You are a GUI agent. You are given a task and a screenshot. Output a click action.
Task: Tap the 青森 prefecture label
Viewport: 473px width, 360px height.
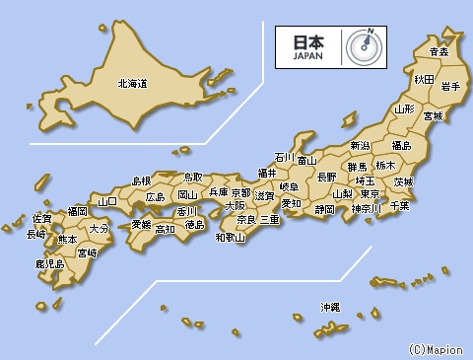(x=439, y=51)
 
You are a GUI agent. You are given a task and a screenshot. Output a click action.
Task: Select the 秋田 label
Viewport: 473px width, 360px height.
(x=424, y=78)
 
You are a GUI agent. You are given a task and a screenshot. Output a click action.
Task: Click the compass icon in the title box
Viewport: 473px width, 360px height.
(x=364, y=45)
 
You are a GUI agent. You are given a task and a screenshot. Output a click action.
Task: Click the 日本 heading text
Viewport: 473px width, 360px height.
(x=307, y=42)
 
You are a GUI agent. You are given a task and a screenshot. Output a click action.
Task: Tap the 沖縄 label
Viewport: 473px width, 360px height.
(x=329, y=308)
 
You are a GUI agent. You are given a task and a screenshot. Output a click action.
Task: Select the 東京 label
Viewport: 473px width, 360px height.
(x=372, y=194)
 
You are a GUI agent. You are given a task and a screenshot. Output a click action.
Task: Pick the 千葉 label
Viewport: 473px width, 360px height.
(x=399, y=205)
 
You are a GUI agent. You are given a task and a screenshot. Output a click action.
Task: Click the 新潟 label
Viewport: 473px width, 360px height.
(x=361, y=146)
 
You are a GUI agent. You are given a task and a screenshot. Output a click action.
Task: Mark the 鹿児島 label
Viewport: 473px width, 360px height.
(x=49, y=264)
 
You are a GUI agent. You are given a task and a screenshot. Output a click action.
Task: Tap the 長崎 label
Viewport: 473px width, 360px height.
(x=35, y=235)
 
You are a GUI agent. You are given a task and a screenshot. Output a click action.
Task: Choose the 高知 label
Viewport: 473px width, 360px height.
(x=165, y=229)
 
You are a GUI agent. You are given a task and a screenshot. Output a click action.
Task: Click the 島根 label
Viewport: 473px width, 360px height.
(x=142, y=180)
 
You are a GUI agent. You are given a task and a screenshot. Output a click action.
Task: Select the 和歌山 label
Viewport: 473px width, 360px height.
(x=230, y=237)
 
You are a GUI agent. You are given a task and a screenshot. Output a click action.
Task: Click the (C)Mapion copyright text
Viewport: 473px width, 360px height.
(x=434, y=349)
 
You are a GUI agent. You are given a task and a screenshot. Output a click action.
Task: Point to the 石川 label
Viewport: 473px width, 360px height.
(x=284, y=157)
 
